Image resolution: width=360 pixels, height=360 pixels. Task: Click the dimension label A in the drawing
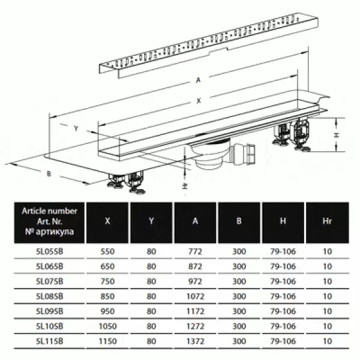pos(199,80)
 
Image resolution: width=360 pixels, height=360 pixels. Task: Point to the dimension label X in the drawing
pos(199,101)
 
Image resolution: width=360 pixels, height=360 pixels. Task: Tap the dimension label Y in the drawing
pos(76,128)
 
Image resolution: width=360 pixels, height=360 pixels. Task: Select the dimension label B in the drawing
pos(49,174)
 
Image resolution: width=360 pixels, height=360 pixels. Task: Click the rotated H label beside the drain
pos(337,135)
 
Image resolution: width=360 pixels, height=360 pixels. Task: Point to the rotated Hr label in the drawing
pos(185,186)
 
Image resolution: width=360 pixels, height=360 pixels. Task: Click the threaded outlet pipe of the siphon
pos(244,154)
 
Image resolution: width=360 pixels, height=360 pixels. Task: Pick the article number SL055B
pos(49,251)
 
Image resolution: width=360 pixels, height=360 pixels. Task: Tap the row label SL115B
pos(49,341)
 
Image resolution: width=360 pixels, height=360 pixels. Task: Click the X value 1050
pos(107,326)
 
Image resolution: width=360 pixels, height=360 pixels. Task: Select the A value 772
pos(195,251)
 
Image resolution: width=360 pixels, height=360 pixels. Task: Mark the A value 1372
pos(195,341)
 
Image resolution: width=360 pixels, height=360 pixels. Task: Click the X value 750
pos(107,281)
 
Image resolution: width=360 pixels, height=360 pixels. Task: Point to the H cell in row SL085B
pos(283,296)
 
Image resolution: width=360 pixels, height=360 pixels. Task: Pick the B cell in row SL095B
pos(239,311)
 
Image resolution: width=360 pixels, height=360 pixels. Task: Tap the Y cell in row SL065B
pos(151,266)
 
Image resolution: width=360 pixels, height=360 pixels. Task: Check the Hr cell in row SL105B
pos(328,326)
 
